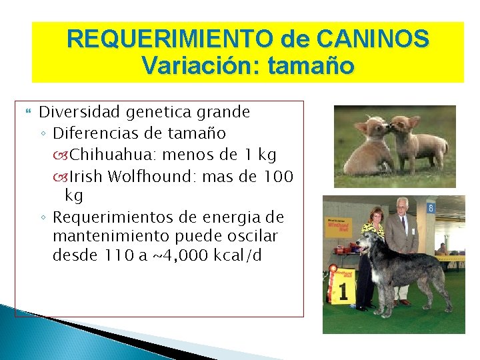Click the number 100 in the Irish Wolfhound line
pyautogui.click(x=279, y=176)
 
